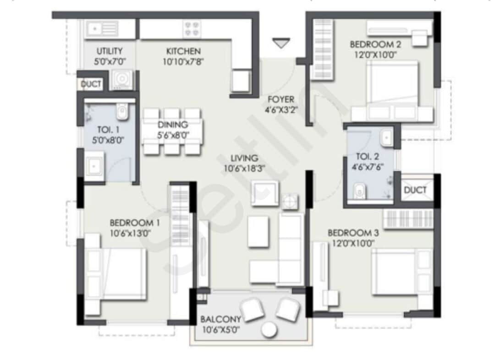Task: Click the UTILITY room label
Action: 109,51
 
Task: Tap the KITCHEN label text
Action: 183,51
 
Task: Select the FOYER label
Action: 281,99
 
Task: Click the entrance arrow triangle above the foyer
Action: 281,44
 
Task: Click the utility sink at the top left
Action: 102,29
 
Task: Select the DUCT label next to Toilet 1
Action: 91,84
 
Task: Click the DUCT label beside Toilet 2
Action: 415,190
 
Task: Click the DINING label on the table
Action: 172,125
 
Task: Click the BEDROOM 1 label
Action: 135,223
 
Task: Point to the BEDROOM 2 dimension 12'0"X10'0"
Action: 373,55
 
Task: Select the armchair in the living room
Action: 264,193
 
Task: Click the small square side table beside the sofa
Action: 290,201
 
